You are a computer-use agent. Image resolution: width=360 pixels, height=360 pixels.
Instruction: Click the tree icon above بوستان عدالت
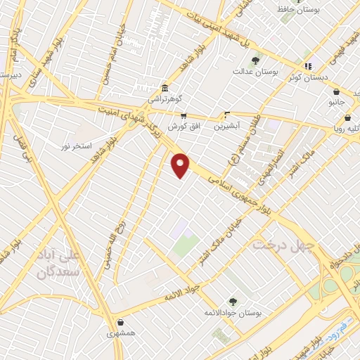click(x=255, y=60)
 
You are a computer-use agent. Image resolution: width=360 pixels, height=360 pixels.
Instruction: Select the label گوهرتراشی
click(x=164, y=100)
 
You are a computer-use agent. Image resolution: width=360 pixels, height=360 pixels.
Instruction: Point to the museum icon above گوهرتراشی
click(x=164, y=88)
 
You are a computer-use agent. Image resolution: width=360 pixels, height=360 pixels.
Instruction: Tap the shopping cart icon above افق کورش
click(x=184, y=116)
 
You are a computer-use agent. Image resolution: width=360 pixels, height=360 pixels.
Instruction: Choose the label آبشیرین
click(x=228, y=127)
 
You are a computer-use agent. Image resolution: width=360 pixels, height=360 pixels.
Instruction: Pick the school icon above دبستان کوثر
click(x=308, y=66)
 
